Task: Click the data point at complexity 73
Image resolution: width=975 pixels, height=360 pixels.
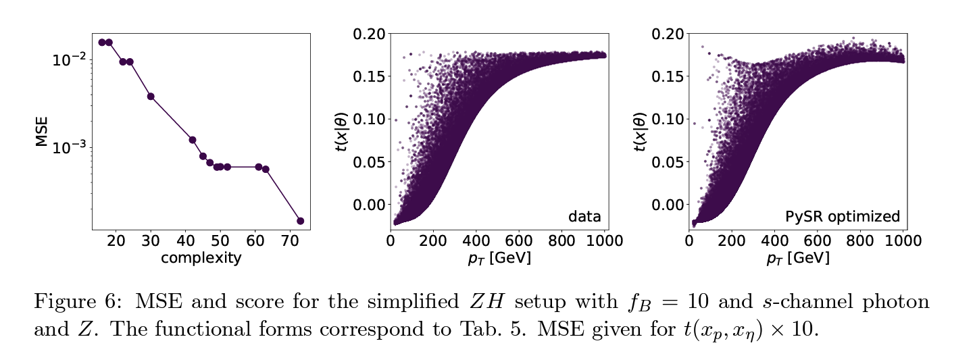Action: coord(300,221)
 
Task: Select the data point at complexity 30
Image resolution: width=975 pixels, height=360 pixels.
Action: coord(151,97)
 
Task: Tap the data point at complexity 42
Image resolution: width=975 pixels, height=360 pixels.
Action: coord(193,140)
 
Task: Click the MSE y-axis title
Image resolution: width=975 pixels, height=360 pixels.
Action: coord(42,131)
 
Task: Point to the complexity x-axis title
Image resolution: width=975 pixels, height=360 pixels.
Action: coord(201,258)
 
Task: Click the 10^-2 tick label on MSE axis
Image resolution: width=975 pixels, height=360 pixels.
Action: coord(69,60)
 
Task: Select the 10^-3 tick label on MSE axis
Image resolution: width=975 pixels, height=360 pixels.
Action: coord(69,147)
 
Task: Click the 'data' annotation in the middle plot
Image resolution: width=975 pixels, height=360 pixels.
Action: coord(584,217)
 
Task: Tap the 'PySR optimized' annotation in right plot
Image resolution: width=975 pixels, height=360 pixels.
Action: coord(843,217)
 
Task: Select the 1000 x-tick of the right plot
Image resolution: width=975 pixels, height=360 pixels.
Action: coord(903,240)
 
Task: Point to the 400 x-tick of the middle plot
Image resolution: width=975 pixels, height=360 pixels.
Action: coord(476,240)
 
